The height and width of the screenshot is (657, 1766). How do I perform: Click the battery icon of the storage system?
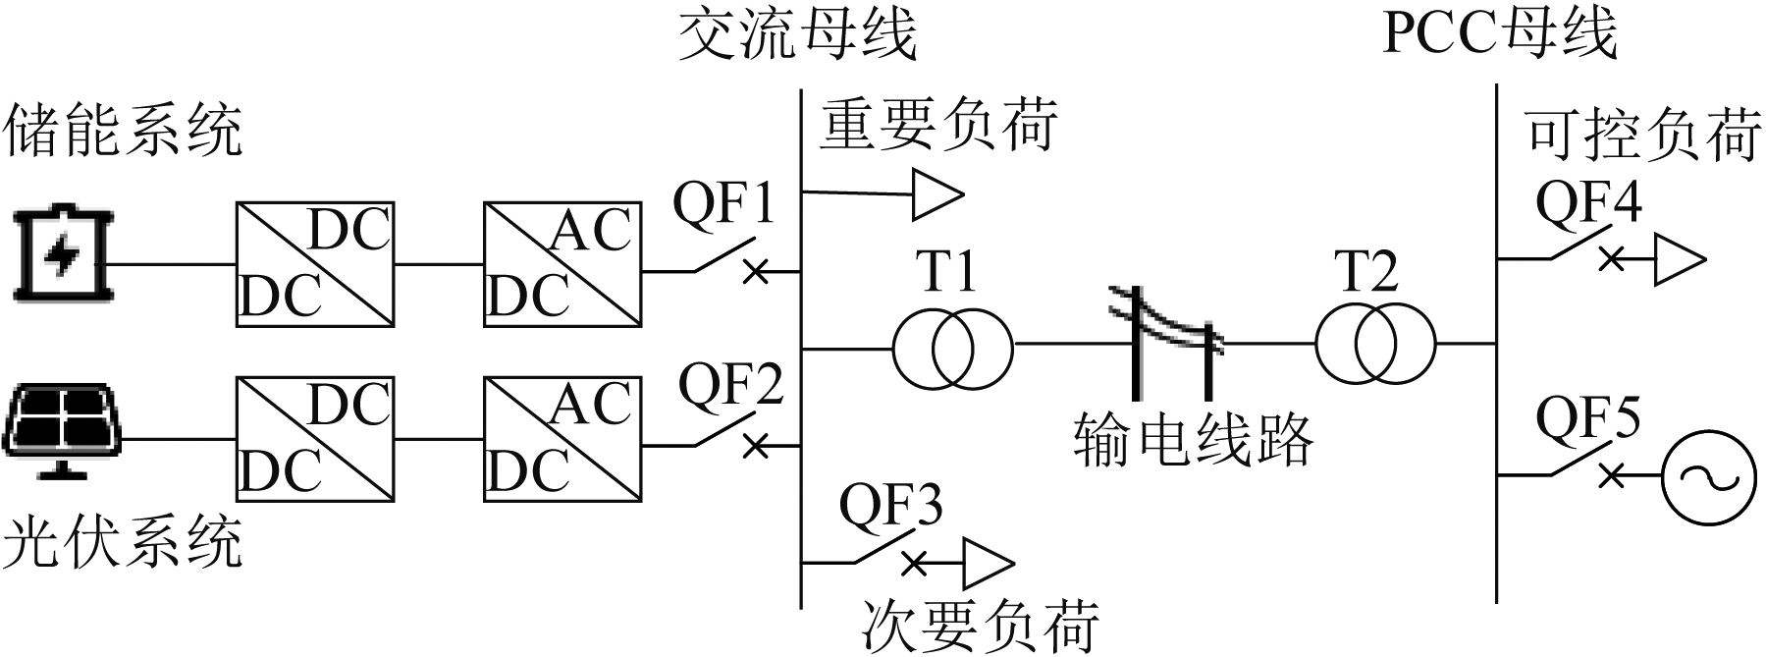(x=62, y=253)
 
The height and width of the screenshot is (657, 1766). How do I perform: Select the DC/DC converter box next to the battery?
(x=315, y=264)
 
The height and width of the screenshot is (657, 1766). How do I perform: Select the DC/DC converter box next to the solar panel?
(x=315, y=438)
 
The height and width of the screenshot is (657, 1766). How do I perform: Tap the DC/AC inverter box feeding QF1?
(x=562, y=264)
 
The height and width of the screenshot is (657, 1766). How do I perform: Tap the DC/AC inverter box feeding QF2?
(x=562, y=438)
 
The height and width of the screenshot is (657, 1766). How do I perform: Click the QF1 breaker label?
(x=723, y=205)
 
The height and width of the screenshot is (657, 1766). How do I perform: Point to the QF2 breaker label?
(x=731, y=385)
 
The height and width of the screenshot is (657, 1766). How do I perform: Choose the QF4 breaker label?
(x=1587, y=203)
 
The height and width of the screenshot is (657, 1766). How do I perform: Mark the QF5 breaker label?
(x=1587, y=418)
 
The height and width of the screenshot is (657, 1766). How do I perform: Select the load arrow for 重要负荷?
(x=937, y=194)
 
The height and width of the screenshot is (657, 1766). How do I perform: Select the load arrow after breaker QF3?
(x=987, y=564)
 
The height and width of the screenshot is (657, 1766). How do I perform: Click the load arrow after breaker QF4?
(x=1680, y=259)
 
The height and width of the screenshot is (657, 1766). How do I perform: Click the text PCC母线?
(x=1499, y=33)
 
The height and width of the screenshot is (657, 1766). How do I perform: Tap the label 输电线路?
(x=1193, y=438)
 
